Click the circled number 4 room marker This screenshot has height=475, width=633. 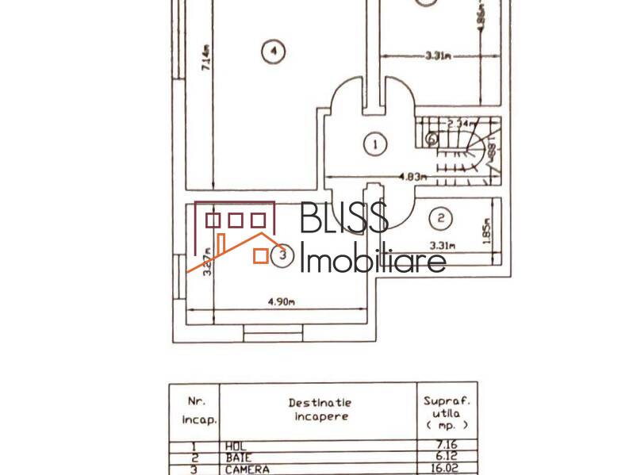click(x=272, y=52)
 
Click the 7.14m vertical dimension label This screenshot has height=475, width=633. click(x=205, y=59)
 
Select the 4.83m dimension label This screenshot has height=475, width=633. click(x=412, y=177)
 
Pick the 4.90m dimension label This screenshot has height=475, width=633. click(x=281, y=302)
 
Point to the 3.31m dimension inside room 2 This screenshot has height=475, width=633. click(x=442, y=246)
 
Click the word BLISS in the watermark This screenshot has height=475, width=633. click(x=344, y=218)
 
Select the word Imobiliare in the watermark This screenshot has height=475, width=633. click(x=373, y=259)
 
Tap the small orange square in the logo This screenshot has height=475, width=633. click(x=260, y=255)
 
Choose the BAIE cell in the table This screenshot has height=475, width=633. click(x=238, y=458)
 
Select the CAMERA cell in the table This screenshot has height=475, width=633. click(x=247, y=469)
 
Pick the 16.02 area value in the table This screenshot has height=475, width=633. click(x=447, y=469)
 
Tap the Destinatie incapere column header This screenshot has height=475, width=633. click(x=318, y=409)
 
